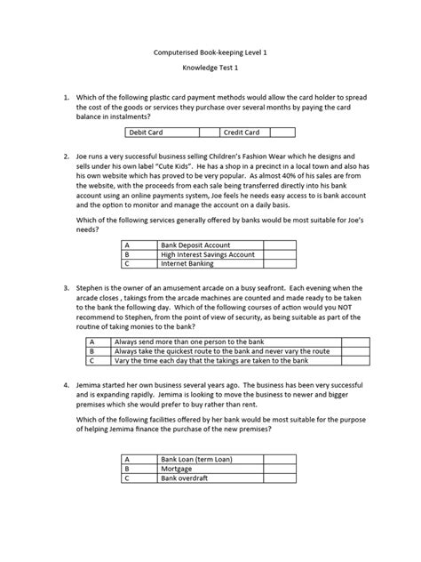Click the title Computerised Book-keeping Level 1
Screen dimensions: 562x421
tap(210, 53)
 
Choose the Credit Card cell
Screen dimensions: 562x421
tap(242, 132)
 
